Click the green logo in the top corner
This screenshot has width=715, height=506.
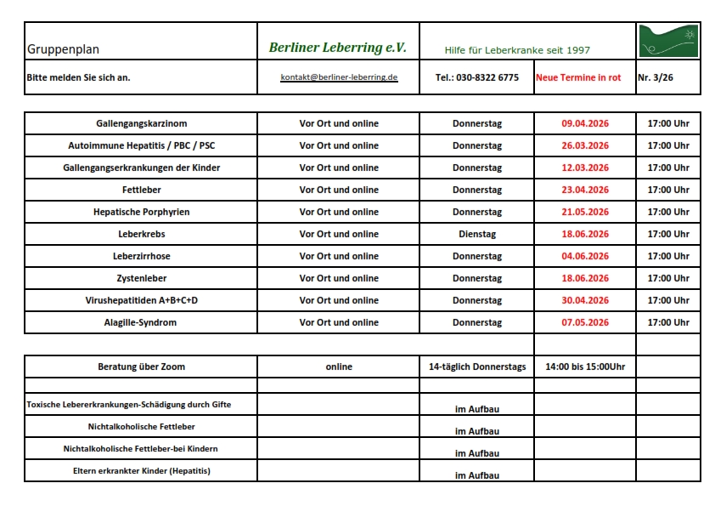pos(669,41)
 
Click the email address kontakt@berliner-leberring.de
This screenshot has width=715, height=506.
pos(339,77)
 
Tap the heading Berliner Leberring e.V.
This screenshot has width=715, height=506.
pos(337,48)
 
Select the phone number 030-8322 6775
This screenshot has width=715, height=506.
pos(476,77)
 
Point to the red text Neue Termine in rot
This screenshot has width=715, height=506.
pos(578,77)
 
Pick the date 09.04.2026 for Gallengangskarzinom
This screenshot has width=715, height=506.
pos(585,123)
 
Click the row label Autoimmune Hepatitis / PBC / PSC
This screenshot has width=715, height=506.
pos(142,145)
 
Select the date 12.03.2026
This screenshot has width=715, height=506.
pos(585,168)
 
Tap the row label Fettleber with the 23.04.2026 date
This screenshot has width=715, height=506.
pos(142,190)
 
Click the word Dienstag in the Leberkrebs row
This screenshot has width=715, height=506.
pos(476,234)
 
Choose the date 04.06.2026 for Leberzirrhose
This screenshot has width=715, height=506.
pos(585,256)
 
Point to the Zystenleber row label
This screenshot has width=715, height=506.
pos(142,278)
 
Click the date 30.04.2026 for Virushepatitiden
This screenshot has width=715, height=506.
pos(585,300)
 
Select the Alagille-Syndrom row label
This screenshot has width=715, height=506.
pos(142,322)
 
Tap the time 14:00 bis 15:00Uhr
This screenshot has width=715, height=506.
pos(585,367)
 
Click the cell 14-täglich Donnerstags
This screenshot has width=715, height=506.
pos(476,367)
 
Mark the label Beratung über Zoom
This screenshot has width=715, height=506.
pos(142,367)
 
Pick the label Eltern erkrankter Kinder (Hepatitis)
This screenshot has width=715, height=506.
pos(142,470)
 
